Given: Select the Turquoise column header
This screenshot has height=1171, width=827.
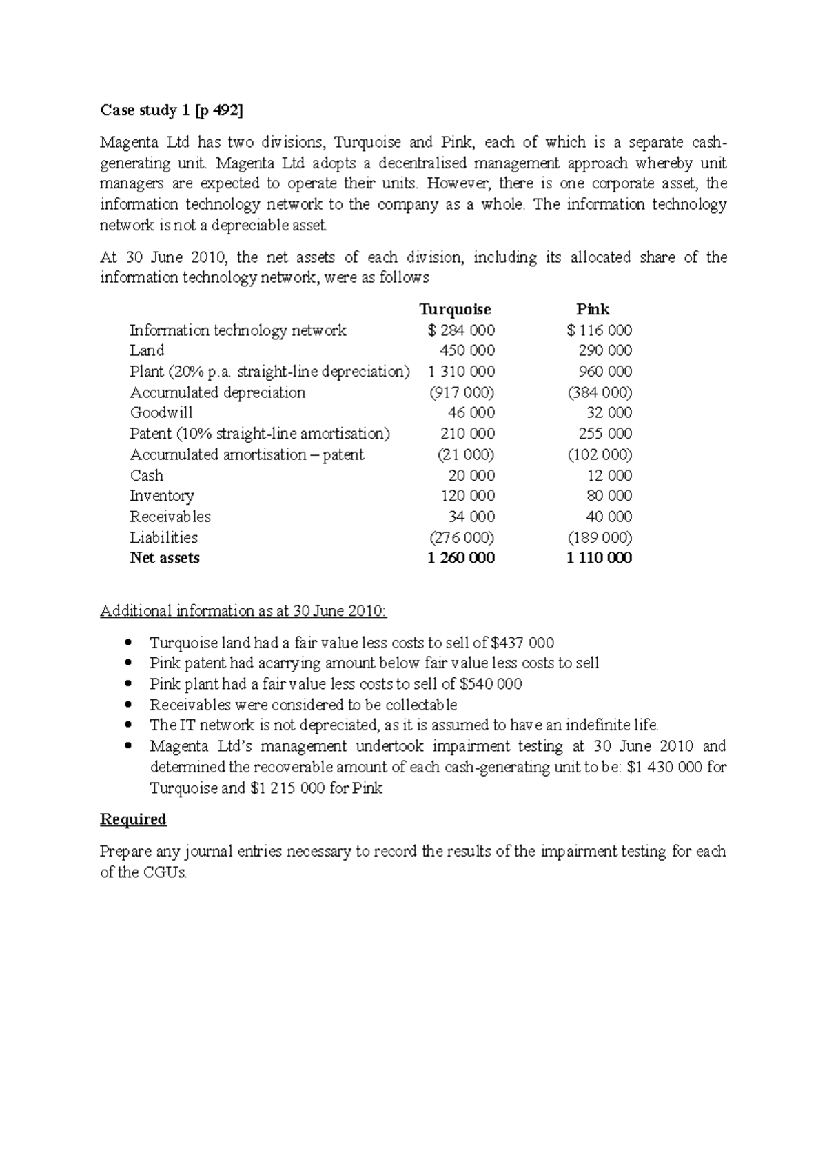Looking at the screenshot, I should click(455, 310).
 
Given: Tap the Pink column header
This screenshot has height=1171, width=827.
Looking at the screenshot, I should click(593, 310).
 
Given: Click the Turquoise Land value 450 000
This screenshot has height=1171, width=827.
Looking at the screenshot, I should click(467, 350).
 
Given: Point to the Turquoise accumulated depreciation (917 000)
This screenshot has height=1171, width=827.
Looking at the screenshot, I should click(462, 392).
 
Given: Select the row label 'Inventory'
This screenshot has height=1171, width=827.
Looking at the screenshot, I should click(162, 496).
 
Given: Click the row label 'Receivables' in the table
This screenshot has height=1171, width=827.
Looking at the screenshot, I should click(170, 517).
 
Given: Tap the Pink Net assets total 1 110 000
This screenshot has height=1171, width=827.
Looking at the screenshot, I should click(599, 558).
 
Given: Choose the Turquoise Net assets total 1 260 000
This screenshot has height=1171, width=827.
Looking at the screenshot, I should click(461, 558).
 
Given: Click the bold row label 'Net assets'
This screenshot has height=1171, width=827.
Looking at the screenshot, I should click(165, 558).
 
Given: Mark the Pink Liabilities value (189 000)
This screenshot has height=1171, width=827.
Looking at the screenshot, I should click(600, 537).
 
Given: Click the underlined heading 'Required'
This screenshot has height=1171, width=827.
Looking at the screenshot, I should click(133, 819).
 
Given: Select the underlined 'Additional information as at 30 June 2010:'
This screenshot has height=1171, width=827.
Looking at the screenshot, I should click(244, 611).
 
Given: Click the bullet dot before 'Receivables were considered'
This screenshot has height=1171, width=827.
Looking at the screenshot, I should click(128, 705).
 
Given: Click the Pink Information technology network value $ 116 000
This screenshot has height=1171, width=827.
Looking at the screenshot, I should click(600, 330).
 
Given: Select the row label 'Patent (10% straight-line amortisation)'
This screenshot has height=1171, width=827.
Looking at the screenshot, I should click(260, 434).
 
